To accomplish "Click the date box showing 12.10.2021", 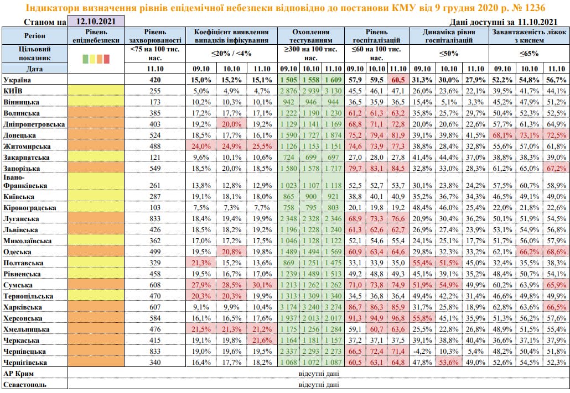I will point(95,22).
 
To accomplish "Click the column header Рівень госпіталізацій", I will point(376,36).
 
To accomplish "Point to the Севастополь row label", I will point(24,384).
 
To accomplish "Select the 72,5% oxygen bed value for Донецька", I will point(556,135).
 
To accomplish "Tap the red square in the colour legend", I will point(107,59).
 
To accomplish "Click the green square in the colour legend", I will point(85,59).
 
